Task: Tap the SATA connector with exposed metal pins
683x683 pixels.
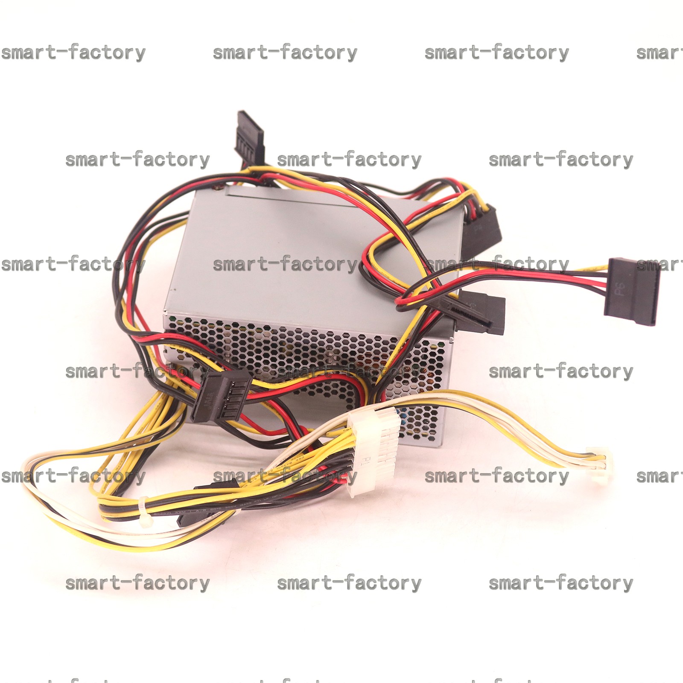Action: [220, 395]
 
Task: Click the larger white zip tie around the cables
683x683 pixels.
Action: [145, 510]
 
